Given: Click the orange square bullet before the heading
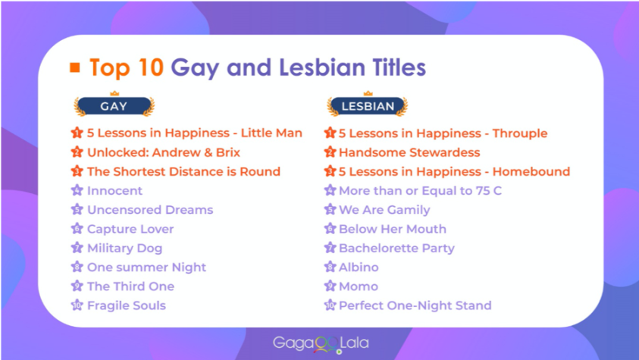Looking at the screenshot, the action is pyautogui.click(x=74, y=67).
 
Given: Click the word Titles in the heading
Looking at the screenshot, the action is pyautogui.click(x=399, y=67).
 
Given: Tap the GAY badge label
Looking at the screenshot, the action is pyautogui.click(x=114, y=106).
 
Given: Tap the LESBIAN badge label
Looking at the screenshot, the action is pyautogui.click(x=368, y=106).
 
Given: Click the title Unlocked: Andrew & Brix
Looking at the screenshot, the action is pyautogui.click(x=164, y=152).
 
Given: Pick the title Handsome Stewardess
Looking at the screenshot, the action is pyautogui.click(x=409, y=152).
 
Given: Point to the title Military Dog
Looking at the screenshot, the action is pyautogui.click(x=125, y=248).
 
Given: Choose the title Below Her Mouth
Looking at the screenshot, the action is pyautogui.click(x=393, y=229).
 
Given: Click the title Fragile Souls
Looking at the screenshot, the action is pyautogui.click(x=127, y=305).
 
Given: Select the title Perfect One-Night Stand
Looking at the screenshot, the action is pyautogui.click(x=415, y=305).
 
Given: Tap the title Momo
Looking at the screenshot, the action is pyautogui.click(x=359, y=286).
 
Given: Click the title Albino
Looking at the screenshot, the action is pyautogui.click(x=359, y=267).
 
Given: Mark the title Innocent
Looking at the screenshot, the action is pyautogui.click(x=115, y=190).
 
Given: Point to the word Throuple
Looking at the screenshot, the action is pyautogui.click(x=520, y=133).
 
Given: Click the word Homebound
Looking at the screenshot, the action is pyautogui.click(x=531, y=171).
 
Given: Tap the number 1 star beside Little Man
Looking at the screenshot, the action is pyautogui.click(x=77, y=133).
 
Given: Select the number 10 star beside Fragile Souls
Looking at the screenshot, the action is pyautogui.click(x=77, y=305).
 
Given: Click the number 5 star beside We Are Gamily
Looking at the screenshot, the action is pyautogui.click(x=330, y=209).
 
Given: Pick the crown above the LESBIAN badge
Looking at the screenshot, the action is pyautogui.click(x=368, y=94).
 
